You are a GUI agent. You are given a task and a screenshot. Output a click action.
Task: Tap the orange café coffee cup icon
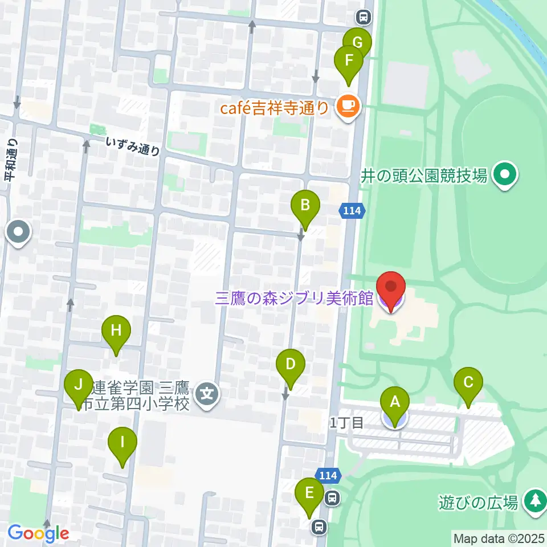pos(347,106)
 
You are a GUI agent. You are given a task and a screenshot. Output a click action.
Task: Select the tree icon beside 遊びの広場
pos(534,501)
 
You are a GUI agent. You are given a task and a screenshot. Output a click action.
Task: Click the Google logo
pos(38,534)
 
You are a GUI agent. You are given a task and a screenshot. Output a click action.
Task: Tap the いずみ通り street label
pos(133,147)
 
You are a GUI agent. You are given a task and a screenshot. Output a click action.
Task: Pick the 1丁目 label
pos(346,422)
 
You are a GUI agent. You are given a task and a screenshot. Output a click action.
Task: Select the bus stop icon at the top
pos(362,17)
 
